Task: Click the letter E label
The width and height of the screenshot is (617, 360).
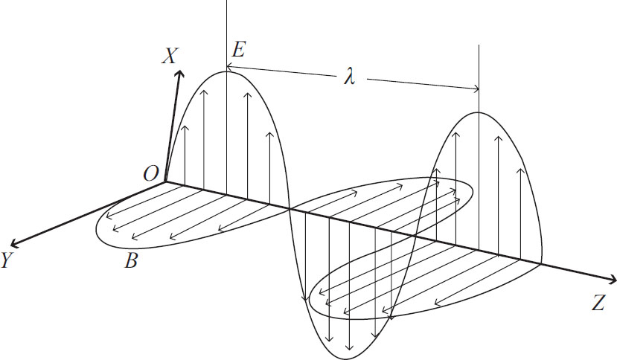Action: (238, 50)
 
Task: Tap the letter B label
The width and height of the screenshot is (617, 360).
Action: (131, 260)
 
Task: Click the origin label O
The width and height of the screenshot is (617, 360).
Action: (150, 173)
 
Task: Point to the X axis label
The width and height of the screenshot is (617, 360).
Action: (170, 56)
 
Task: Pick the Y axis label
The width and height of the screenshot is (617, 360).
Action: (6, 260)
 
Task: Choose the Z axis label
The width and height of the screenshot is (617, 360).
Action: (598, 303)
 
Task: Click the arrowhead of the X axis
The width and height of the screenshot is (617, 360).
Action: (181, 72)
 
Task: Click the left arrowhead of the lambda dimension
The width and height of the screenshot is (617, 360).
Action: (228, 68)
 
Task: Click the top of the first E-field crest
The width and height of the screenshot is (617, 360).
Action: (226, 71)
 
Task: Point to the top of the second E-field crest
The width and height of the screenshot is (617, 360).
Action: (479, 112)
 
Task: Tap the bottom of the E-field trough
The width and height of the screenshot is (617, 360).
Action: (347, 359)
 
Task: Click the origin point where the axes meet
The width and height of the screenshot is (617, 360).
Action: (165, 182)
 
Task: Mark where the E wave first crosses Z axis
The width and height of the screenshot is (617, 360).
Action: (290, 209)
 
